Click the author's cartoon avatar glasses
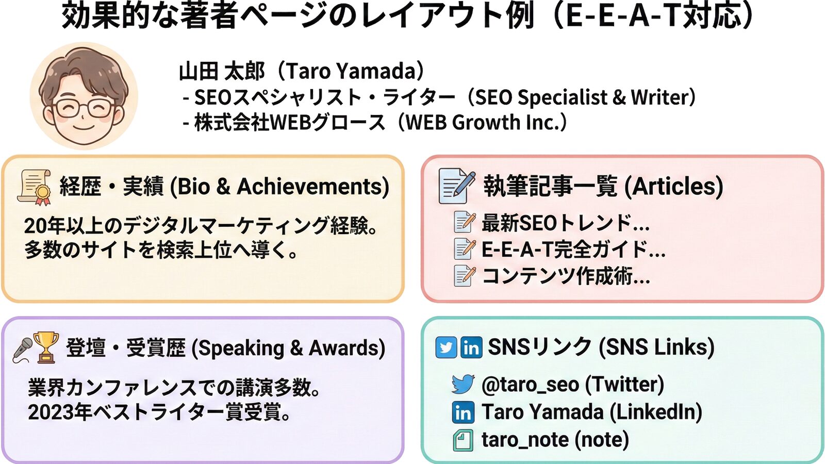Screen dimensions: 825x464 83,108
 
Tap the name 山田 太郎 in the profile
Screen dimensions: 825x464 222,71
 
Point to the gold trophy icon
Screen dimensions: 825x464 46,347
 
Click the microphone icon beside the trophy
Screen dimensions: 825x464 23,349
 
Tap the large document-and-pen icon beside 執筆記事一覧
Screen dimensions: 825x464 456,186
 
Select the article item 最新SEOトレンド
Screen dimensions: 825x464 565,222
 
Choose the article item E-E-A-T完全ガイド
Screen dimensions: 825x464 573,250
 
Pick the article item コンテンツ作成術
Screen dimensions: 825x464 566,276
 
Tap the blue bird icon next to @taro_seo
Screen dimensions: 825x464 463,384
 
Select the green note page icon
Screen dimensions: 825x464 463,440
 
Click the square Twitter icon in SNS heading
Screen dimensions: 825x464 446,347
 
